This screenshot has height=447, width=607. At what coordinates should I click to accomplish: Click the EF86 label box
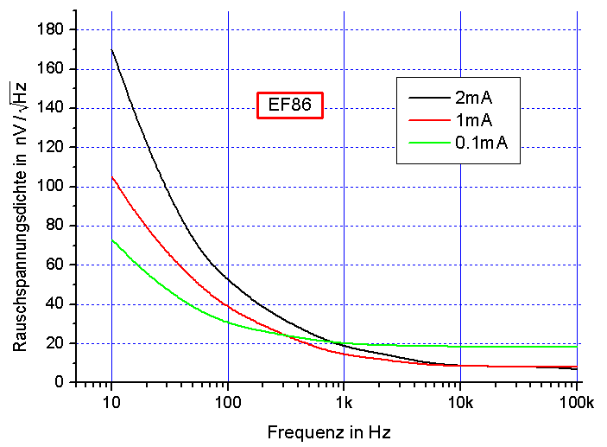click(290, 106)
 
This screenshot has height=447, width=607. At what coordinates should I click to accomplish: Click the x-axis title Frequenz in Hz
click(335, 431)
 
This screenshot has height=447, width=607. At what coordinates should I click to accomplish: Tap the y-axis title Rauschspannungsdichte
click(20, 216)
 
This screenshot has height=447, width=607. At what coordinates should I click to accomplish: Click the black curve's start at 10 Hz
click(112, 49)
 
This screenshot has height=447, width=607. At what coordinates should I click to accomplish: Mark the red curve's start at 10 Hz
click(112, 176)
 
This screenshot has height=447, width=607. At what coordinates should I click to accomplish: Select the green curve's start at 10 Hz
click(112, 239)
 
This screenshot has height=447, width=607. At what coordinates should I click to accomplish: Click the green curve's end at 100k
click(576, 347)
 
